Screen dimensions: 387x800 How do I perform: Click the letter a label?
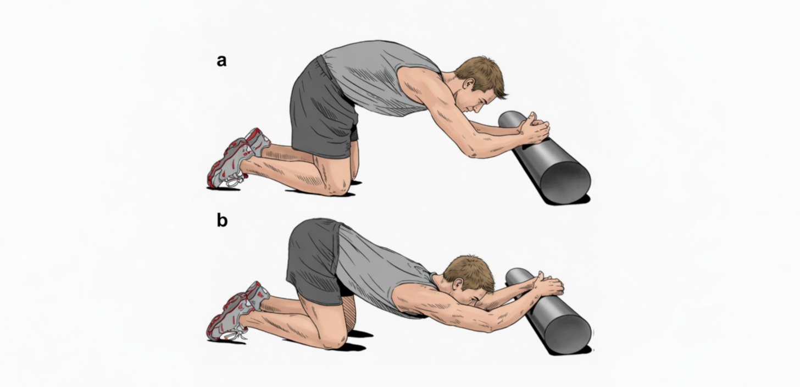tap(221, 60)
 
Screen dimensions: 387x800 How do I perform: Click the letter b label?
tap(222, 220)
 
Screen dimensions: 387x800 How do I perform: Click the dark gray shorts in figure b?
tap(313, 258)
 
